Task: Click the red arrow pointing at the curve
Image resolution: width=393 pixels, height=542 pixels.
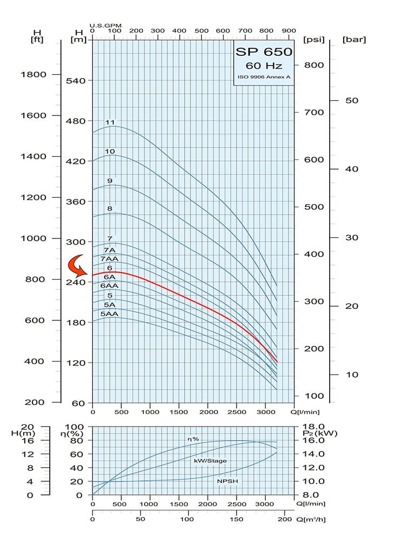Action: point(77,266)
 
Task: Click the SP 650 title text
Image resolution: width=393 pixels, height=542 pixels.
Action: point(264,52)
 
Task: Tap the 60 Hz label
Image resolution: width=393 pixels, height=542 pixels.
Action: point(264,66)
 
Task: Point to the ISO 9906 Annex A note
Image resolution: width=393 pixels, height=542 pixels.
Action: point(264,78)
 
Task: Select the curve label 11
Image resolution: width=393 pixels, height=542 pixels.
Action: point(110,122)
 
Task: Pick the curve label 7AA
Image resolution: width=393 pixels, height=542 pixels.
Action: point(110,259)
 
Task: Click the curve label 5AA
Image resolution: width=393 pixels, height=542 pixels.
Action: point(109,314)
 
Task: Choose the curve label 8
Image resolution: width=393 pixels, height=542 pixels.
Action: point(110,208)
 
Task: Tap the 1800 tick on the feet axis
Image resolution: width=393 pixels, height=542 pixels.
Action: point(33,75)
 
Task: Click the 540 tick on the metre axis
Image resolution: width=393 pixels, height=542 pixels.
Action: point(77,81)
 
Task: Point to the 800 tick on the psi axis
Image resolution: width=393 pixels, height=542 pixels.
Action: point(313,65)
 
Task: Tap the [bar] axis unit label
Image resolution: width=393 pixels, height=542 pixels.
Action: point(355,40)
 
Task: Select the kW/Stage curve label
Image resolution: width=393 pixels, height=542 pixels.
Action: point(210,461)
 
